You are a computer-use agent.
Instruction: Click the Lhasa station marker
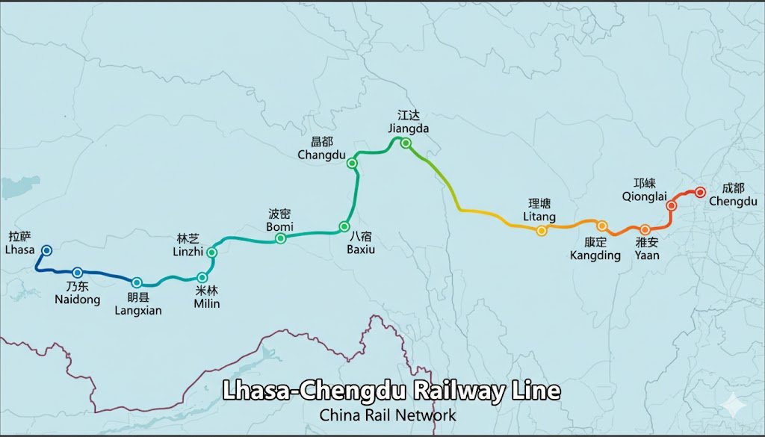pyautogui.click(x=46, y=251)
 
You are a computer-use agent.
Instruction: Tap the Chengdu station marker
pyautogui.click(x=700, y=192)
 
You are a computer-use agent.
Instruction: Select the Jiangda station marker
pyautogui.click(x=406, y=143)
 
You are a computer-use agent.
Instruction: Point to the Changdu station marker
pyautogui.click(x=353, y=163)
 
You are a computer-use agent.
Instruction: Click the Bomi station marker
pyautogui.click(x=281, y=238)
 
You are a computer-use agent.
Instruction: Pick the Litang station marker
pyautogui.click(x=542, y=230)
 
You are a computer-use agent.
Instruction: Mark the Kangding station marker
pyautogui.click(x=601, y=226)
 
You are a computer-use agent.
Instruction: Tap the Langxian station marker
pyautogui.click(x=137, y=282)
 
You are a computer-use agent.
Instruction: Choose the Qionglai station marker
pyautogui.click(x=671, y=205)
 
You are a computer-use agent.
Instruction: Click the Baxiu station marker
pyautogui.click(x=344, y=226)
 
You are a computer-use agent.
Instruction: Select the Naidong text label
pyautogui.click(x=77, y=300)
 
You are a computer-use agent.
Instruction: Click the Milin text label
pyautogui.click(x=206, y=303)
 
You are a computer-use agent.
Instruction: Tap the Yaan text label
pyautogui.click(x=647, y=255)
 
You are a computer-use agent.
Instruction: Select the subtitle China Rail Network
pyautogui.click(x=387, y=415)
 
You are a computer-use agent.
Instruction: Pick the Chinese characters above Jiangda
pyautogui.click(x=409, y=115)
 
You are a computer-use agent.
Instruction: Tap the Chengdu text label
pyautogui.click(x=733, y=202)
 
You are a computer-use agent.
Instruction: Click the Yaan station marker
pyautogui.click(x=645, y=229)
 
